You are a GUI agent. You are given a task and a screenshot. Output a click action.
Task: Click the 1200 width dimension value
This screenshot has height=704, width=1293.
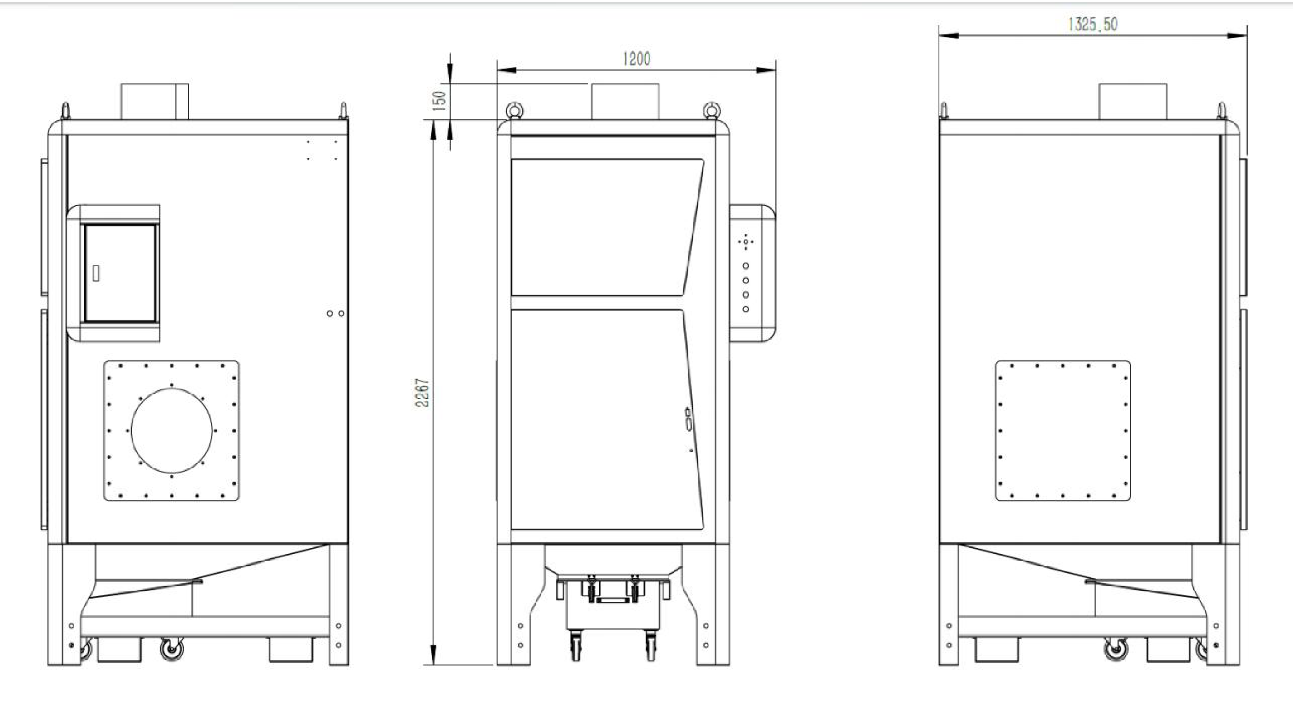pos(636,59)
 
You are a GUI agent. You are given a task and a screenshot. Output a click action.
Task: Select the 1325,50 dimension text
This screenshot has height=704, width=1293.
pos(1093,24)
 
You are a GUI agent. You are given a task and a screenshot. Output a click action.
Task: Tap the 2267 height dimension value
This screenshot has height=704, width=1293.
pos(422,393)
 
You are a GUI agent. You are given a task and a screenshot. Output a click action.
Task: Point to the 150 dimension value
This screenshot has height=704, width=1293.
pos(439,100)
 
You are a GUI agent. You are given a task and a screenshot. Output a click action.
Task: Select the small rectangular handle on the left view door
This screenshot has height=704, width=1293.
pos(96,273)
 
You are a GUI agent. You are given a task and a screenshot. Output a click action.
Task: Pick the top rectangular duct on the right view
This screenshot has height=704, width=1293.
pos(1133,101)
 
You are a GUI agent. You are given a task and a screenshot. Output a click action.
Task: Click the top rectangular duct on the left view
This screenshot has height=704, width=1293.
pos(155,101)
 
